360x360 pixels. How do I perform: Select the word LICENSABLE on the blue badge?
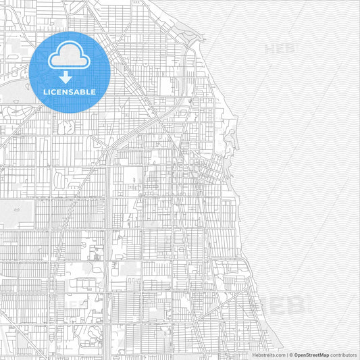(x=70, y=92)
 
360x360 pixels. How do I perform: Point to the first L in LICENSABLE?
(x=45, y=92)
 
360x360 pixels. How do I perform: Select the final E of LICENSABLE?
(x=94, y=92)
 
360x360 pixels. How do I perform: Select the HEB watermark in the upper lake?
(x=280, y=48)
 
